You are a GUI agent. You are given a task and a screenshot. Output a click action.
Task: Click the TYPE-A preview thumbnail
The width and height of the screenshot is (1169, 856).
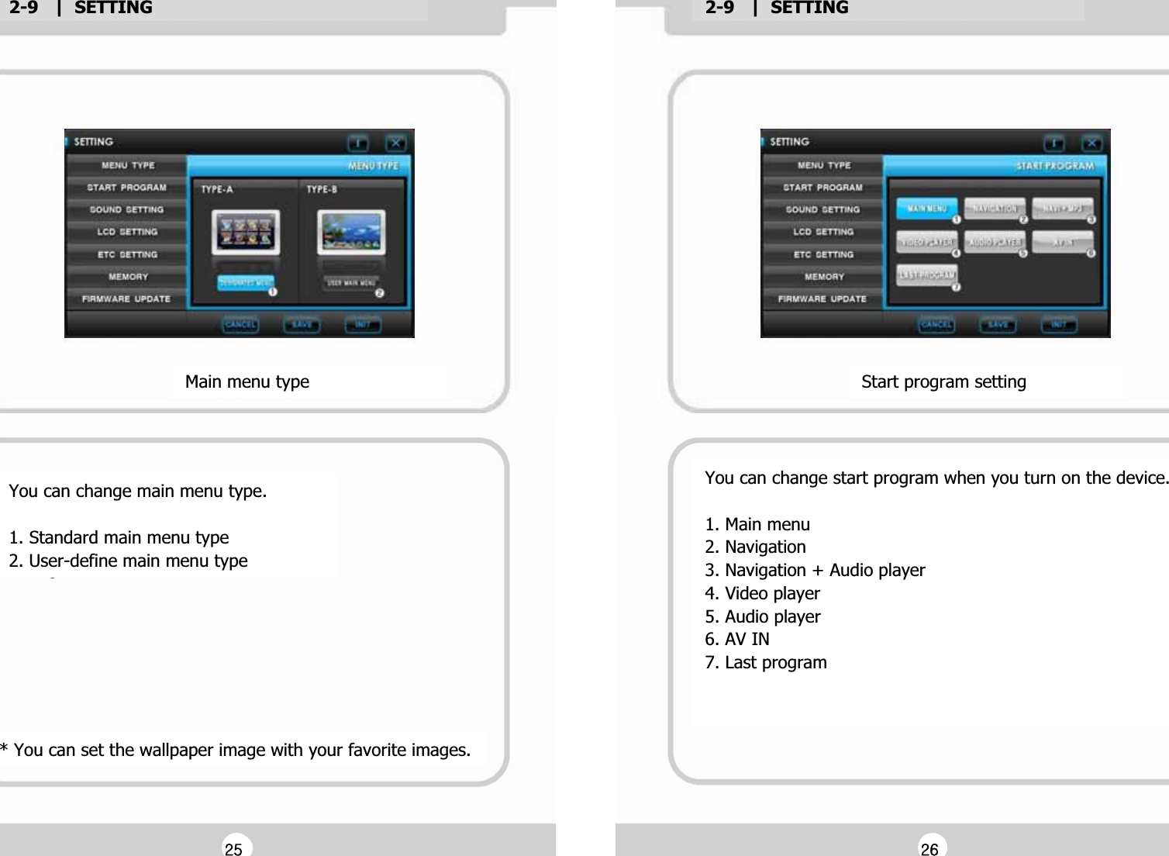coord(246,233)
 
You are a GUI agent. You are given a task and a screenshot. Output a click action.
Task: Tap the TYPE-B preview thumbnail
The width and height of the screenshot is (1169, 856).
coord(351,233)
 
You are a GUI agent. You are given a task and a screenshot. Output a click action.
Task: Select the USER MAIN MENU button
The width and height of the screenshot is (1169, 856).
coord(350,283)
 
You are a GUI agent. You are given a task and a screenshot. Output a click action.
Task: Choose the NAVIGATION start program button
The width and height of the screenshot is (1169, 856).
coord(995,209)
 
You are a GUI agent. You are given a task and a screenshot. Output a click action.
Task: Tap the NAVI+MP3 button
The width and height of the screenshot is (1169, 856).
coord(1062,209)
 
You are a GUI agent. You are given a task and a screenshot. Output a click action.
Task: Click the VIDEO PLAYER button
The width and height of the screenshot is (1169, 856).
coord(926,242)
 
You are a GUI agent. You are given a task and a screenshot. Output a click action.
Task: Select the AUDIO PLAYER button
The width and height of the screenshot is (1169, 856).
coord(995,242)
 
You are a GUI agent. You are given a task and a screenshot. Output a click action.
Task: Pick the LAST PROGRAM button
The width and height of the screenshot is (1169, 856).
coord(926,275)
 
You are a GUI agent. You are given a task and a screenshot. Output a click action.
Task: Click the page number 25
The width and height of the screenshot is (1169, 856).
coord(233,849)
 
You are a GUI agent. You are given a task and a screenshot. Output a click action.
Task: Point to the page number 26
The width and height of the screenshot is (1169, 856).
coord(929,849)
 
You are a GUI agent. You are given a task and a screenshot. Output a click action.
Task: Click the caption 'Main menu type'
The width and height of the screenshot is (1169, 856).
coord(247,381)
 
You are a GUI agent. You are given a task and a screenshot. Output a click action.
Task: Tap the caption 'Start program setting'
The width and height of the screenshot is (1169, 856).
coord(943,381)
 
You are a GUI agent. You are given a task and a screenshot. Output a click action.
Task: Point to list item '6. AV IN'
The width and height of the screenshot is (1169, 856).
coord(736,639)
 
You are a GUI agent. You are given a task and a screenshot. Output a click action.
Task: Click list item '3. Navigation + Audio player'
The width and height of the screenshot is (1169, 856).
coord(815,570)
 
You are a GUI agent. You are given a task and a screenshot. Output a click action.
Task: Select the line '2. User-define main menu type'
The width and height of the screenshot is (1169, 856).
coord(128,561)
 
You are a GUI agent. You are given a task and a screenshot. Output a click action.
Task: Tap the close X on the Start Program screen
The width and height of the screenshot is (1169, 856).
coord(1091,143)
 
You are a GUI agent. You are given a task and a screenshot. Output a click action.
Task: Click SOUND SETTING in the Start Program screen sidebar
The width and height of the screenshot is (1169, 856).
coord(822,209)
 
